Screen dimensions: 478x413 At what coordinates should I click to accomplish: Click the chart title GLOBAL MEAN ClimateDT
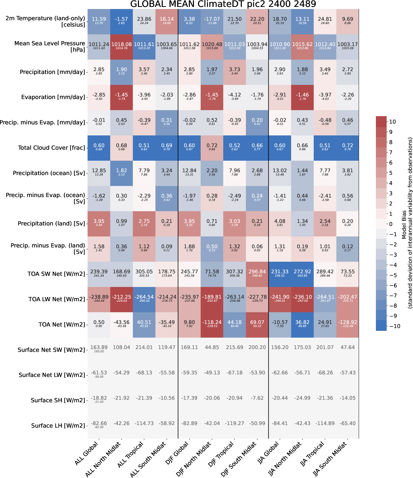click(x=223, y=4)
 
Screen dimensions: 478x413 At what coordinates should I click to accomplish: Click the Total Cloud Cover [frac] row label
click(x=51, y=148)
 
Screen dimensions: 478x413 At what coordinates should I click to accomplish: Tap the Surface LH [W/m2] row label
click(x=58, y=426)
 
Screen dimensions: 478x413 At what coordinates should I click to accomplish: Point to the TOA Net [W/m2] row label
click(x=62, y=325)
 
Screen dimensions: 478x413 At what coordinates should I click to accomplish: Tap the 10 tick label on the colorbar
click(x=392, y=122)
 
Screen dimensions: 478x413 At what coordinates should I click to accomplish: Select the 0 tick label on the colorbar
click(x=391, y=224)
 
